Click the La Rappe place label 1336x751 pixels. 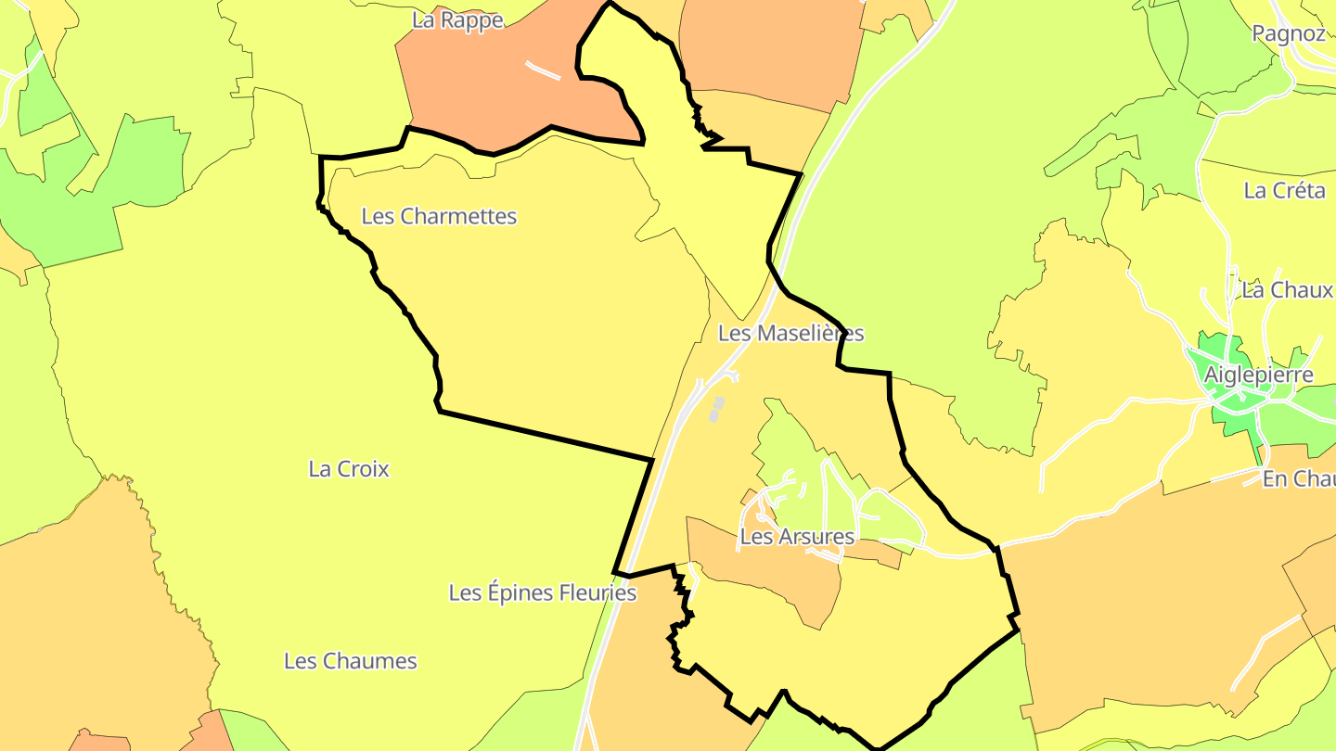457,19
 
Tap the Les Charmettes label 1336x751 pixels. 439,216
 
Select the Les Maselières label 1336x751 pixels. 790,333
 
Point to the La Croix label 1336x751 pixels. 349,469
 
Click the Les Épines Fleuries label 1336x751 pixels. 543,592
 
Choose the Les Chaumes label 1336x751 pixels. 351,661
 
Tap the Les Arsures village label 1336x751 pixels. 797,536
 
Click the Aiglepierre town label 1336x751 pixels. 1258,375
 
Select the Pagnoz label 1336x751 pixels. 1289,33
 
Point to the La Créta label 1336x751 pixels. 1284,191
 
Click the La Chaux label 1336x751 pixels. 1287,289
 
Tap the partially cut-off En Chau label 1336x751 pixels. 1298,478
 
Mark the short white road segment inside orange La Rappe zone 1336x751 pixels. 543,70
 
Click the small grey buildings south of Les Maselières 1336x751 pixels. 716,409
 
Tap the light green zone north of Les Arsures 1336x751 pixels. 789,445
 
